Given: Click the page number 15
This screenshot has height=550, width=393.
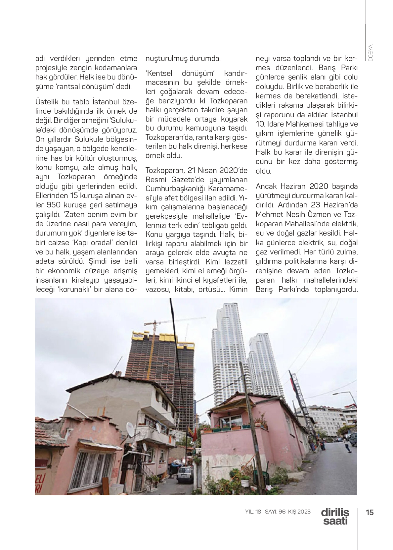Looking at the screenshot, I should (370, 512).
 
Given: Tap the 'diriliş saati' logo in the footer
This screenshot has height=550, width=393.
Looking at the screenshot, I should (335, 517).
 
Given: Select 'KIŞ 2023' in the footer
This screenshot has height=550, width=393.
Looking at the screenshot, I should (299, 512).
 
